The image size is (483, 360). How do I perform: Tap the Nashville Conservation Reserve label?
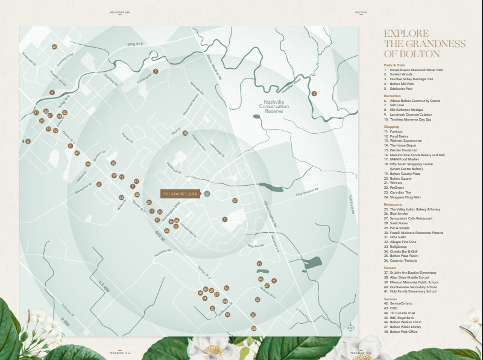tap(274, 107)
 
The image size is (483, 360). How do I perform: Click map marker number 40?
tap(54, 46)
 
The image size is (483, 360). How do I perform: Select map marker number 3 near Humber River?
tap(314, 93)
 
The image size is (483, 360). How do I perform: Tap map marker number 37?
tap(235, 200)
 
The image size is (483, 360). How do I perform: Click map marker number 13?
tap(259, 264)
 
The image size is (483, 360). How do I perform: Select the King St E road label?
tap(134, 44)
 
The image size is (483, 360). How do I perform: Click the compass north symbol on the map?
tap(351, 328)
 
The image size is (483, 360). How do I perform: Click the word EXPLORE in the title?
tap(406, 34)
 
